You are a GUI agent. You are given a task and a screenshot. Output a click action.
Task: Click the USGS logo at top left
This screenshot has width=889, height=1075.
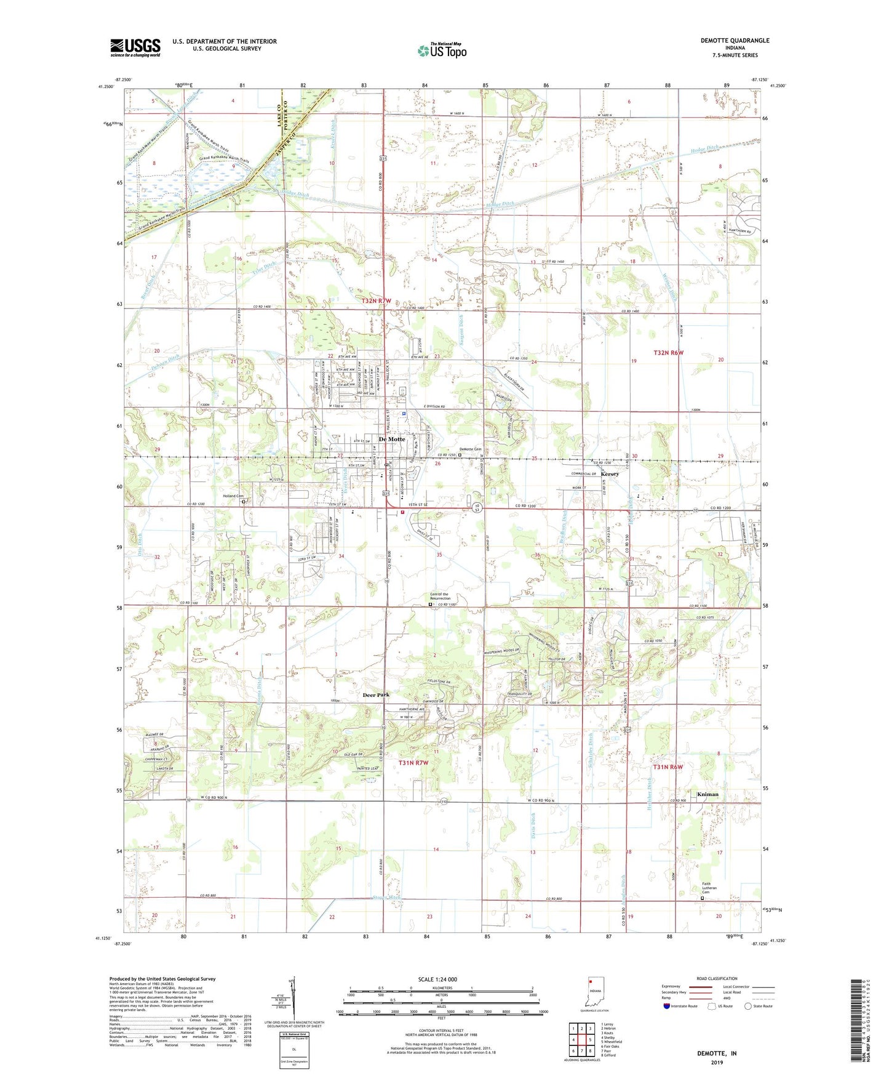135,47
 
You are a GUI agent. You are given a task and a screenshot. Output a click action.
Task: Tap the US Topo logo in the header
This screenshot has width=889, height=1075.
442,50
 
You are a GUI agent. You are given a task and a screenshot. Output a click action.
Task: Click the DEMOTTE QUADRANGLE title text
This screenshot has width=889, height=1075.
735,41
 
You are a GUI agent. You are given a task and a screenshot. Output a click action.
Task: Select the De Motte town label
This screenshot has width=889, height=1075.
392,439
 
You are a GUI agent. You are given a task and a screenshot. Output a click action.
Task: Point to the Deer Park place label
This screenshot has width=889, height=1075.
376,695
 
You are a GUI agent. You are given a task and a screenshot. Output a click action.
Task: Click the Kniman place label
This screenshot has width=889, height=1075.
708,794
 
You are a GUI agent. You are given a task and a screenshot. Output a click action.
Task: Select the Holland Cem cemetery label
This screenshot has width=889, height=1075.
233,496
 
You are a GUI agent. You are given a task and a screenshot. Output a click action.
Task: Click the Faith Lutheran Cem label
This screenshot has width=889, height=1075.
710,888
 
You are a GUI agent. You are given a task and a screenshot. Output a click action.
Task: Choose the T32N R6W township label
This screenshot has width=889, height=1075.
668,353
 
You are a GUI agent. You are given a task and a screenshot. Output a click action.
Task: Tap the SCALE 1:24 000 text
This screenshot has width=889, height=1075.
437,979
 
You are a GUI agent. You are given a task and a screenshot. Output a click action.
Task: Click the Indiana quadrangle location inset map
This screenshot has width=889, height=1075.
595,992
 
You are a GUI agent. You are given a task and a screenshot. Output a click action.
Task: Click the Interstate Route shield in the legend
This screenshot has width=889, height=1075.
667,1007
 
